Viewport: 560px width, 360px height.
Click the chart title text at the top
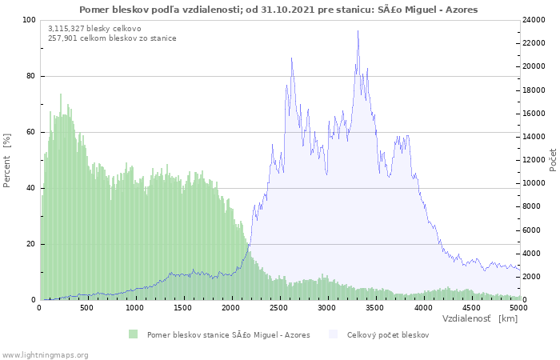click(x=278, y=10)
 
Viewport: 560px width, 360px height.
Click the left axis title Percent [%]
click(x=6, y=160)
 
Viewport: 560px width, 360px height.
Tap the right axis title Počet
click(x=553, y=160)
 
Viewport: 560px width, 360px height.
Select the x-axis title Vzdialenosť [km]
click(x=480, y=318)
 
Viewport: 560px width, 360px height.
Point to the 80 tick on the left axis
click(x=31, y=76)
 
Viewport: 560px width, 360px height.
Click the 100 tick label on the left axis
click(x=30, y=20)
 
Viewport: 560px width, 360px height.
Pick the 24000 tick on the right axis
click(x=534, y=20)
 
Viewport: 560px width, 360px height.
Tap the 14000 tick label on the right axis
click(x=534, y=137)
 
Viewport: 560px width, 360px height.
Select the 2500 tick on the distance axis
click(x=279, y=308)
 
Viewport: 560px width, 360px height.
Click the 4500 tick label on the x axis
click(x=471, y=308)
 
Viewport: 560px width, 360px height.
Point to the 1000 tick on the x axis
click(x=135, y=308)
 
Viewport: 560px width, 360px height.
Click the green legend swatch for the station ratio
click(x=134, y=334)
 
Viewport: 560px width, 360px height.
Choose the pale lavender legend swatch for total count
click(x=333, y=334)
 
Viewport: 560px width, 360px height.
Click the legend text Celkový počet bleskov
click(x=388, y=335)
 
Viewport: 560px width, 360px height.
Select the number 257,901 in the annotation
click(x=63, y=38)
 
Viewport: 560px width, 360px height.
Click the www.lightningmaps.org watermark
click(x=45, y=355)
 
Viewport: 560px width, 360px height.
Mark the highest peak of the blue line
click(x=358, y=30)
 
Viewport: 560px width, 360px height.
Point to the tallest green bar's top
click(x=61, y=94)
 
